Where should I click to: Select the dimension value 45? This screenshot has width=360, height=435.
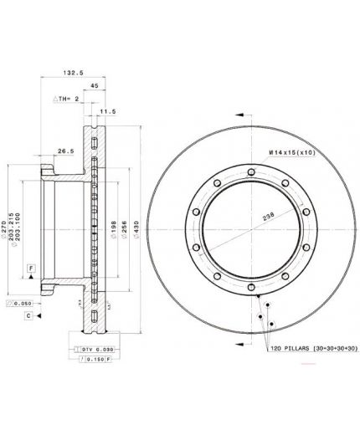point(94,85)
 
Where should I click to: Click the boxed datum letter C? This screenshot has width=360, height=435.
point(28,315)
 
